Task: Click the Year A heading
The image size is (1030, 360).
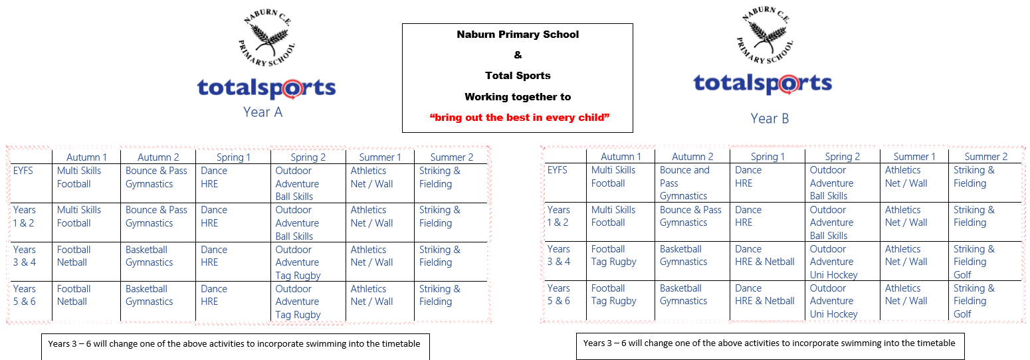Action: click(x=262, y=112)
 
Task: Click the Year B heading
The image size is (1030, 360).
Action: click(x=770, y=119)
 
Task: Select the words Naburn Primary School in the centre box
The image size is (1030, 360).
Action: click(x=518, y=35)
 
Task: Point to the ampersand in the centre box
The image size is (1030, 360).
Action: click(x=518, y=55)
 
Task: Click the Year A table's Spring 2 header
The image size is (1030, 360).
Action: click(x=308, y=157)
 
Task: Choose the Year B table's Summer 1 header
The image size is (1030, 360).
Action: click(x=914, y=157)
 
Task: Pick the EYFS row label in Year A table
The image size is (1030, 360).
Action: click(x=23, y=171)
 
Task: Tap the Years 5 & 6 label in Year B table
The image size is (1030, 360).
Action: click(x=559, y=294)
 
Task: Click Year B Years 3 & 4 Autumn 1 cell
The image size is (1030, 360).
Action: click(x=613, y=255)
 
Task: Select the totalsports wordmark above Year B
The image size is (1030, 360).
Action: click(x=763, y=84)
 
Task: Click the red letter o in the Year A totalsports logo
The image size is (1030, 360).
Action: click(x=292, y=89)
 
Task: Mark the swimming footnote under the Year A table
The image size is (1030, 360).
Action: click(x=234, y=344)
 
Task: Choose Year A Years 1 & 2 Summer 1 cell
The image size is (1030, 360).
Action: click(x=371, y=217)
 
